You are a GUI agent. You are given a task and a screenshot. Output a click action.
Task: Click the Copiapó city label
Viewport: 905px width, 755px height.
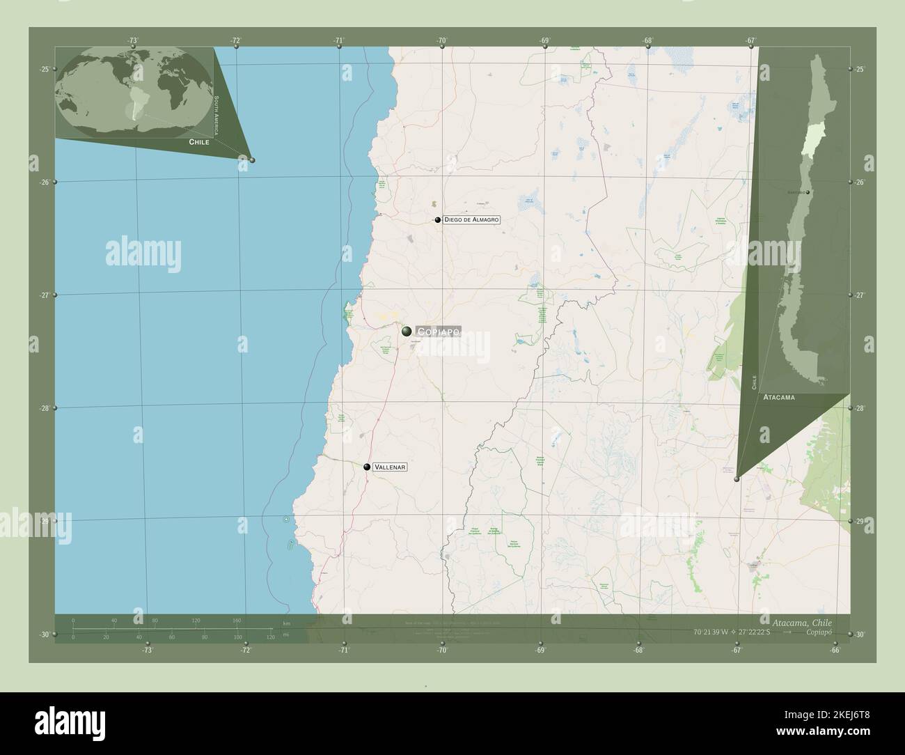(439, 332)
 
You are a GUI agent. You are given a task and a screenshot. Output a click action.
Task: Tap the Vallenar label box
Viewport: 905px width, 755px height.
(390, 467)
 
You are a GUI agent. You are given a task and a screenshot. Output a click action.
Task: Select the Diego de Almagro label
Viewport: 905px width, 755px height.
(471, 219)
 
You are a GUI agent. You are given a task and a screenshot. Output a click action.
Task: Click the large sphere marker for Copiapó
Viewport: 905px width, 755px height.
(407, 332)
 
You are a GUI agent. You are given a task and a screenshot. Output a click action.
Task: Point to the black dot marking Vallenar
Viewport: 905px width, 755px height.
(367, 467)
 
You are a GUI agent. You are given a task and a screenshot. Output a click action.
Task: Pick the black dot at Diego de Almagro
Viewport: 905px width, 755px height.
(438, 219)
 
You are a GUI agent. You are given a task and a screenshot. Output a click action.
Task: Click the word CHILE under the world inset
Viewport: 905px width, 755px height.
(198, 141)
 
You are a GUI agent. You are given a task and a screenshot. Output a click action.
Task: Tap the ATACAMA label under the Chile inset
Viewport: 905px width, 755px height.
(779, 397)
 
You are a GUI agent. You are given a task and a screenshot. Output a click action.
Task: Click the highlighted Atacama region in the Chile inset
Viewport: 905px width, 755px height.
(808, 142)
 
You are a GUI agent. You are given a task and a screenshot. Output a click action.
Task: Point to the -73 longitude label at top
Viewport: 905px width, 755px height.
(133, 41)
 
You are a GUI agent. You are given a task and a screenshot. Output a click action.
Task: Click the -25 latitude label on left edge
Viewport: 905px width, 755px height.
(44, 69)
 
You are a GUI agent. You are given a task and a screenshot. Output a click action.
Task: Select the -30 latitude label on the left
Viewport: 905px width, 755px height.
(44, 634)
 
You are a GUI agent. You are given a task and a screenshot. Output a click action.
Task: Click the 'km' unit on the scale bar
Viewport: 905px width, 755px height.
(285, 622)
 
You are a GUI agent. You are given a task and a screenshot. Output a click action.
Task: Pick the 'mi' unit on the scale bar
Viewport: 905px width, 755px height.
(285, 635)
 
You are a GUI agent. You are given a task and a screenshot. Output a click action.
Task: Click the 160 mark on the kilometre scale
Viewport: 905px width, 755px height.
(237, 620)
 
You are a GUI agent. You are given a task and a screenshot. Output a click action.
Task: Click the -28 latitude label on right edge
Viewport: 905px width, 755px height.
(859, 408)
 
